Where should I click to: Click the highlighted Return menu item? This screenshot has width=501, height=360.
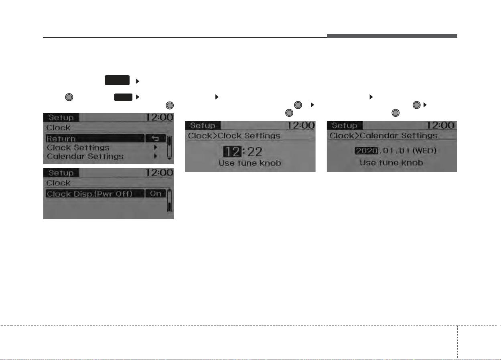[x=95, y=138]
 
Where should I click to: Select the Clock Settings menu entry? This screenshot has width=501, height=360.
[x=78, y=148]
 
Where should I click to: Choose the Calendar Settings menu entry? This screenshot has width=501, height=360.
[x=85, y=157]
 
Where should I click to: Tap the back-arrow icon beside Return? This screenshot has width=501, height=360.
[x=156, y=138]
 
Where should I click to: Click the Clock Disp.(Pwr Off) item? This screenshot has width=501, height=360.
[x=95, y=193]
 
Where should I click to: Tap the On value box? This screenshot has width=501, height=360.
[x=156, y=193]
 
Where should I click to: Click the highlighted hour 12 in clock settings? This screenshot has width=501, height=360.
[x=232, y=151]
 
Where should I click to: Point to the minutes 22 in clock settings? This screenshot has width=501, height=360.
[x=255, y=152]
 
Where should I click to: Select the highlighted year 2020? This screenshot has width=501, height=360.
[x=366, y=151]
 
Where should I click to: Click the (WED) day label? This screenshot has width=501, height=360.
[x=424, y=151]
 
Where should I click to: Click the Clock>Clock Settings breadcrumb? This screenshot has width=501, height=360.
[x=234, y=136]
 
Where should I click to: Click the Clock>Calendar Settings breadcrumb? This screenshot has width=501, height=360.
[x=383, y=136]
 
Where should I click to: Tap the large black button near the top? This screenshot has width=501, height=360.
[x=117, y=80]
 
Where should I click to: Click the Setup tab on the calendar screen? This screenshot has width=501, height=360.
[x=345, y=125]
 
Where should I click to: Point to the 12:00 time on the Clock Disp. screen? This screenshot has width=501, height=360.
[x=159, y=173]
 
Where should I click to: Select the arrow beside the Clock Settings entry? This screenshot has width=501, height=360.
[x=156, y=147]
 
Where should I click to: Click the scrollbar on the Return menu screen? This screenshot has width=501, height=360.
[x=169, y=148]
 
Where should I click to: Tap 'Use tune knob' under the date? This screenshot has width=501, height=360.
[x=391, y=163]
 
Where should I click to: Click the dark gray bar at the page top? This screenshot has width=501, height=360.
[x=392, y=36]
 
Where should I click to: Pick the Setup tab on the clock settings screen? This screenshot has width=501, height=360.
[x=203, y=125]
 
